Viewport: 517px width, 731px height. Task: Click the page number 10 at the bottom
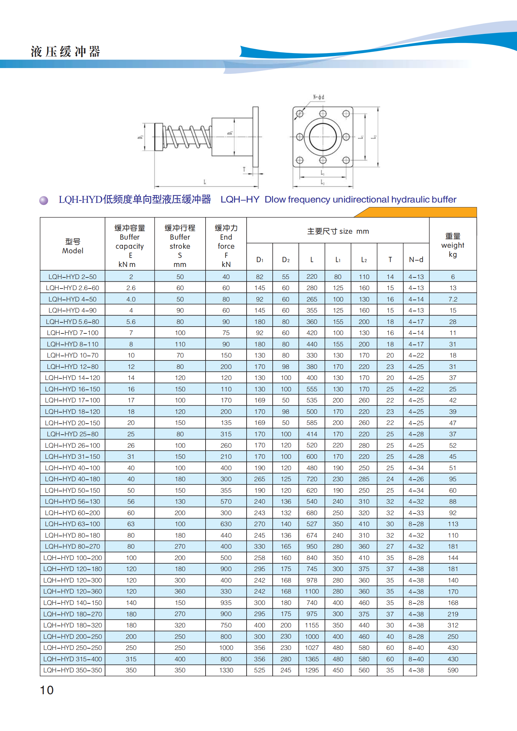point(47,690)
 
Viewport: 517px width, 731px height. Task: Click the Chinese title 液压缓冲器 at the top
point(65,52)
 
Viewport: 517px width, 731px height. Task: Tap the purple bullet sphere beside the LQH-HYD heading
point(44,200)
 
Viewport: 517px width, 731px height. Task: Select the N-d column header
point(416,260)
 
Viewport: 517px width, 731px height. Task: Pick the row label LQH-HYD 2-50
point(72,277)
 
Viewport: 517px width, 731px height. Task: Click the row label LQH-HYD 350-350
point(72,670)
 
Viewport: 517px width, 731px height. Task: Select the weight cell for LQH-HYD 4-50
point(452,299)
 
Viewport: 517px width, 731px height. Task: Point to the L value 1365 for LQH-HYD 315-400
point(312,659)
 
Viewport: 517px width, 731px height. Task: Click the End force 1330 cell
point(226,670)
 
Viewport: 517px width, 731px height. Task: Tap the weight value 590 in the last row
point(452,670)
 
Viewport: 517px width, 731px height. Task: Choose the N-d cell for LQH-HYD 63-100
point(416,524)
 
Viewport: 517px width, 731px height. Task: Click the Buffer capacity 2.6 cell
point(131,288)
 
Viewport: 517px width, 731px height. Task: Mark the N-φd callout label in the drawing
point(319,97)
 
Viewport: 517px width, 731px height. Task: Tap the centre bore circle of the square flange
point(323,137)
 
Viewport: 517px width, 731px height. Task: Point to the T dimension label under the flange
point(244,169)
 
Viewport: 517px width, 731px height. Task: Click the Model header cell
point(72,246)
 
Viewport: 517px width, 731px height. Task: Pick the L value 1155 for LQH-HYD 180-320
point(312,625)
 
